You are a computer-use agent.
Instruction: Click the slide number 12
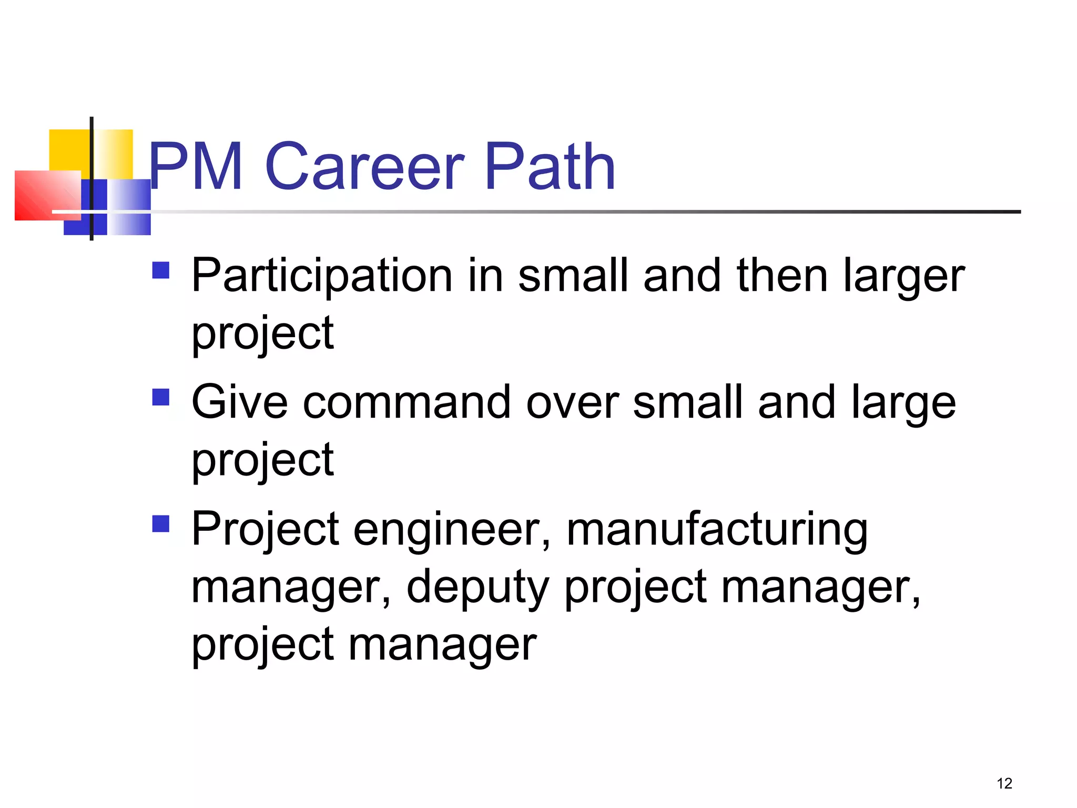[x=1004, y=783]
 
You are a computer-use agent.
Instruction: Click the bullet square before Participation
[x=161, y=270]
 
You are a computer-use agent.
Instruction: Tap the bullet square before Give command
[x=161, y=397]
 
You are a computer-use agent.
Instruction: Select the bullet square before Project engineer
[x=161, y=523]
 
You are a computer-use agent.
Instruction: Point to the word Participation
[x=322, y=276]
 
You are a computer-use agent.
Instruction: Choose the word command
[x=407, y=403]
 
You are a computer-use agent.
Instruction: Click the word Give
[x=239, y=403]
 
